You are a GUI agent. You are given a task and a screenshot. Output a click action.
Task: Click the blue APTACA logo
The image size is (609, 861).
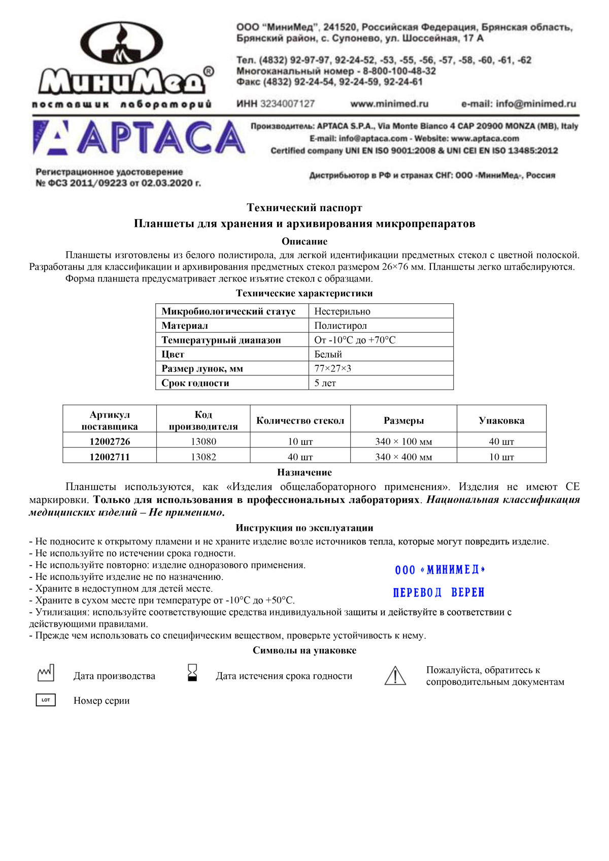click(x=139, y=137)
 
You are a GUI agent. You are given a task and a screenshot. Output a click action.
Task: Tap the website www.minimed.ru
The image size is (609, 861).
click(x=389, y=104)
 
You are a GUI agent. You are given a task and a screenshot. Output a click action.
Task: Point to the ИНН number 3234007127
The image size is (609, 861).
click(x=287, y=104)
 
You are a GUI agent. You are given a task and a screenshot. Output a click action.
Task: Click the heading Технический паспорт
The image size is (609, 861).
click(x=304, y=208)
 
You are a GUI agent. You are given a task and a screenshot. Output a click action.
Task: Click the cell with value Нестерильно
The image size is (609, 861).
click(x=343, y=312)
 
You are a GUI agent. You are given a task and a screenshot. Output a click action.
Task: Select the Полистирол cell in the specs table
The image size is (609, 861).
click(x=341, y=326)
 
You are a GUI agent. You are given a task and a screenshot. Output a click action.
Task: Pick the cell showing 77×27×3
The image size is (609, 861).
click(x=333, y=368)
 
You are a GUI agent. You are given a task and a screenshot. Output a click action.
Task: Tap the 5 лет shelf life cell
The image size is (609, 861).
click(x=325, y=383)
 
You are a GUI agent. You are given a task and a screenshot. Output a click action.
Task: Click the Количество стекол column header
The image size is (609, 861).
click(x=300, y=421)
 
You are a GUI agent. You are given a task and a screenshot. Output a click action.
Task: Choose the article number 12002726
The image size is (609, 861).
click(x=110, y=441)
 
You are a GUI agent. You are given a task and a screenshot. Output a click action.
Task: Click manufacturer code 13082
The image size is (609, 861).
click(x=204, y=457)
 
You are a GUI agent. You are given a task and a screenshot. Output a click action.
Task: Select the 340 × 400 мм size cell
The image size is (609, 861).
click(x=403, y=457)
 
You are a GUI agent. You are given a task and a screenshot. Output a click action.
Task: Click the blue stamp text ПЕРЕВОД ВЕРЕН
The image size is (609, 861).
click(x=439, y=593)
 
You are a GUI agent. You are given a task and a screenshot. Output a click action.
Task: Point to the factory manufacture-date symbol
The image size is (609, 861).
click(x=46, y=674)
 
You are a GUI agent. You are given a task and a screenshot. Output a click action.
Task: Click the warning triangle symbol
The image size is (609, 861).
click(x=395, y=676)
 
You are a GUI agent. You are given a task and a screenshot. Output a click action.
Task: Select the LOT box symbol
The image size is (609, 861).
click(x=46, y=700)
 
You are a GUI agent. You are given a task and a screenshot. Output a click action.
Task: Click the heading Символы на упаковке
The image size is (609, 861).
click(x=304, y=650)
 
